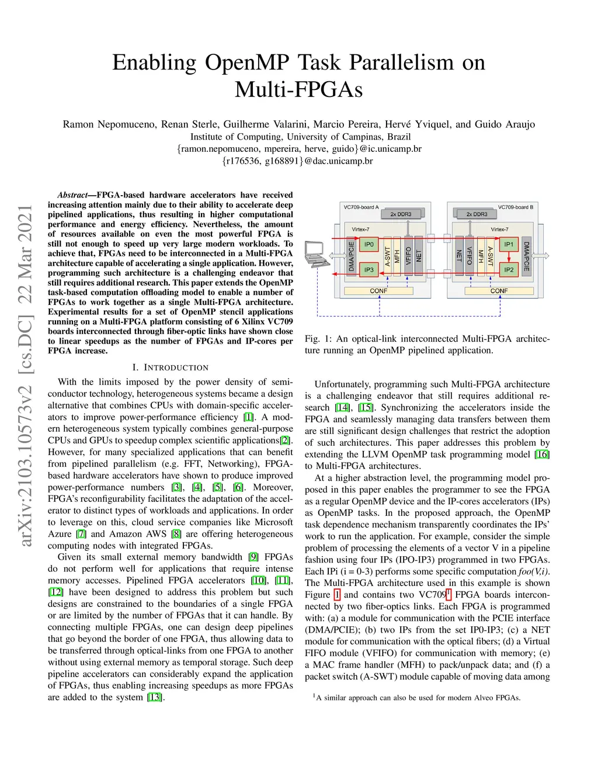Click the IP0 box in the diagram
click(x=368, y=244)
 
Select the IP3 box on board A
click(x=368, y=270)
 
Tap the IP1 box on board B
click(x=509, y=244)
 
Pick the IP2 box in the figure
click(x=509, y=270)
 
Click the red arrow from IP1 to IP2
click(x=509, y=257)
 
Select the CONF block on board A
click(x=378, y=291)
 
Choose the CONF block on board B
click(x=499, y=291)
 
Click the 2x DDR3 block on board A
click(x=401, y=214)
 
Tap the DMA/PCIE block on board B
click(x=526, y=256)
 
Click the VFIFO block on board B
click(x=470, y=255)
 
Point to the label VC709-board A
click(x=361, y=207)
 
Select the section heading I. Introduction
click(x=170, y=367)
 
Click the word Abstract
click(x=72, y=195)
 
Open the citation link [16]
click(x=543, y=454)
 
